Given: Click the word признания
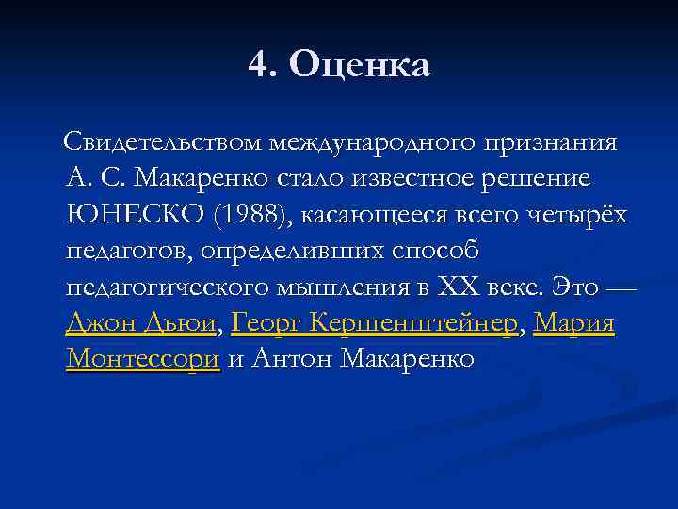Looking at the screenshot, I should point(551,143).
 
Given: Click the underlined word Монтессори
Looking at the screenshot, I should point(143,359).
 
